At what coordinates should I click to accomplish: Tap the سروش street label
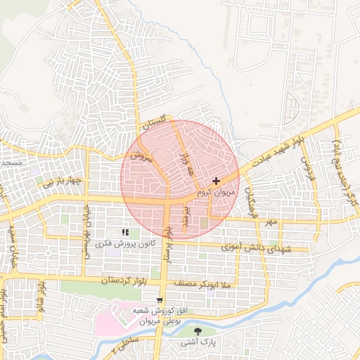[x=140, y=157]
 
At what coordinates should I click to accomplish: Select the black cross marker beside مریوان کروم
[x=216, y=181]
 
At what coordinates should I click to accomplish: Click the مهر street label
[x=271, y=222]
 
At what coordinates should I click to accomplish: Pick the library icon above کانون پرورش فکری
[x=125, y=232]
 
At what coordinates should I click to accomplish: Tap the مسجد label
[x=11, y=163]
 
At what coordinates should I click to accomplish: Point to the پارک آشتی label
[x=196, y=342]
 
